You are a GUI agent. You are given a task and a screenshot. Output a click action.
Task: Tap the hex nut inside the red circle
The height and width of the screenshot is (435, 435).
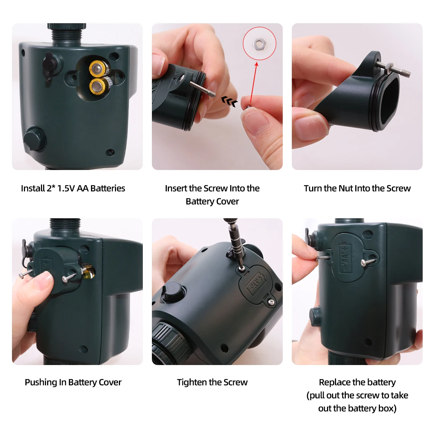pos(259,44)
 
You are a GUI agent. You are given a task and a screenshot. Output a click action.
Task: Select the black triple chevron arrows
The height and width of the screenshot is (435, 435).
pos(229,101)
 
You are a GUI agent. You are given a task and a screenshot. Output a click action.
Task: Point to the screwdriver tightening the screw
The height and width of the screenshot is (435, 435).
pos(232,239)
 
